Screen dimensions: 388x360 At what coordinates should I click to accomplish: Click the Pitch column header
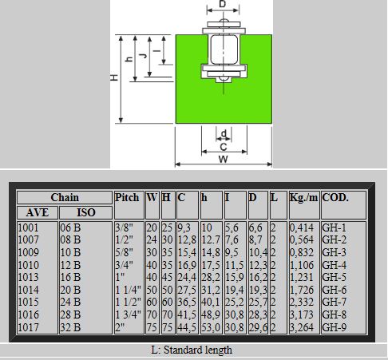pyautogui.click(x=127, y=197)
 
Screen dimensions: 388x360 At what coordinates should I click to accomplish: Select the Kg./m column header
pyautogui.click(x=303, y=197)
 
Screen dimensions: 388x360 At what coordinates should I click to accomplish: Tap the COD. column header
pyautogui.click(x=335, y=197)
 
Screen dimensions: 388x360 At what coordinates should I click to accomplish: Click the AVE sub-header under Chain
pyautogui.click(x=38, y=212)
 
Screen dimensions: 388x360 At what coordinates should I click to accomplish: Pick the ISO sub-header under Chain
pyautogui.click(x=86, y=212)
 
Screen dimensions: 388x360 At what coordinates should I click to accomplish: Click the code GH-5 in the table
pyautogui.click(x=334, y=277)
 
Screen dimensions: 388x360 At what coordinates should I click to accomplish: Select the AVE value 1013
pyautogui.click(x=28, y=277)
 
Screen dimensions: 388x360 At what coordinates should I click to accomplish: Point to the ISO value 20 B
pyautogui.click(x=70, y=290)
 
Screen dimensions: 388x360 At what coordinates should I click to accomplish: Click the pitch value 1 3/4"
pyautogui.click(x=128, y=315)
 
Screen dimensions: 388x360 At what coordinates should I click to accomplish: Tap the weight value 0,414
pyautogui.click(x=302, y=227)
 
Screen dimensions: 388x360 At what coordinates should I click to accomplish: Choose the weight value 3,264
pyautogui.click(x=302, y=327)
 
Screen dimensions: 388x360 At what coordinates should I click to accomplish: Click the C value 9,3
pyautogui.click(x=184, y=227)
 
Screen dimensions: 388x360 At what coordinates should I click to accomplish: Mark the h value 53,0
pyautogui.click(x=211, y=327)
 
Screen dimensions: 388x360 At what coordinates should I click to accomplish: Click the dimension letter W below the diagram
pyautogui.click(x=224, y=159)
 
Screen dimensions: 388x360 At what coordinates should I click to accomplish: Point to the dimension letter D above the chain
pyautogui.click(x=223, y=4)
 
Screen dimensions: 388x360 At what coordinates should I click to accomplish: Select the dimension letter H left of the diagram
pyautogui.click(x=114, y=77)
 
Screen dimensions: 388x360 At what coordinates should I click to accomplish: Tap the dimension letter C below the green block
pyautogui.click(x=224, y=147)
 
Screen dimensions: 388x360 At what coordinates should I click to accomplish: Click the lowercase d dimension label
pyautogui.click(x=224, y=133)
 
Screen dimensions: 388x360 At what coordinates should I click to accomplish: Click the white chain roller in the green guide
pyautogui.click(x=224, y=49)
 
